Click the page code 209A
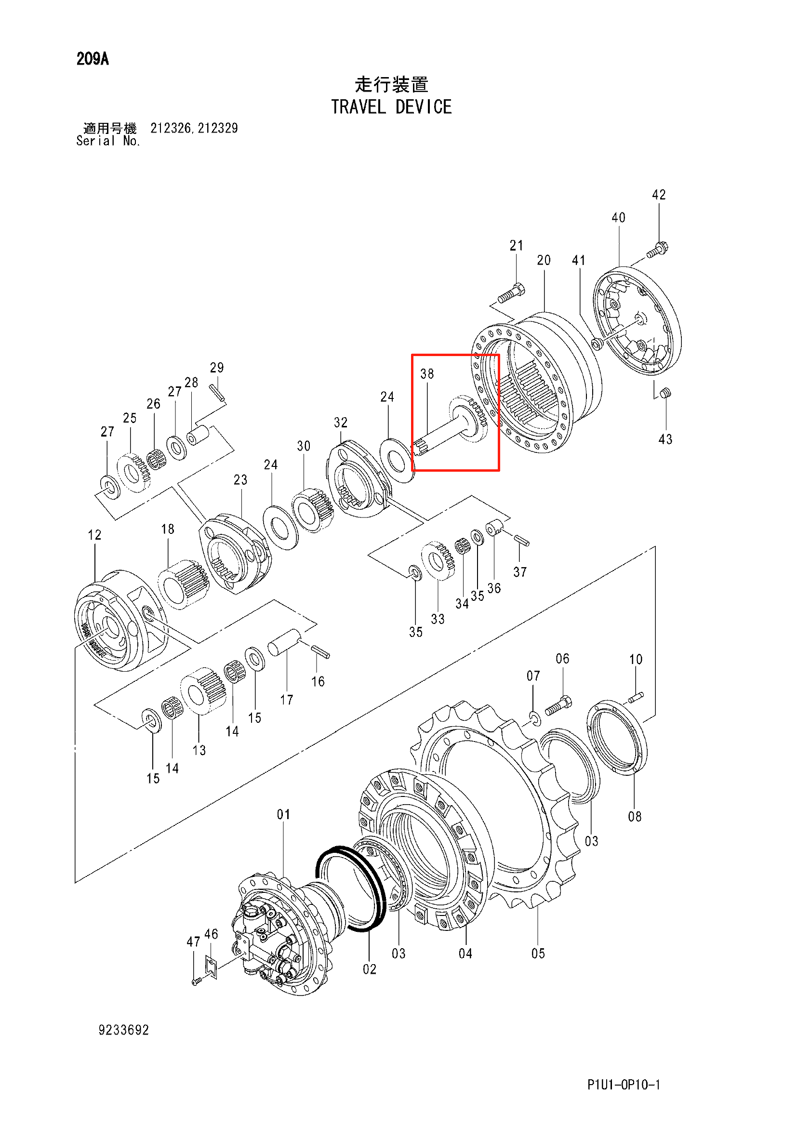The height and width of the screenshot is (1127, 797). coord(92,59)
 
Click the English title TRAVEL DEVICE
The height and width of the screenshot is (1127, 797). coord(391,107)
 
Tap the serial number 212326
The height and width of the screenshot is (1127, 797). coord(170,128)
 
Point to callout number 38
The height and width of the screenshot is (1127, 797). coord(427,374)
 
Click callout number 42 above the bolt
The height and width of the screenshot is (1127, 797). coord(659,195)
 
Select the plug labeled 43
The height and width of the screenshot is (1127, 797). coord(665,393)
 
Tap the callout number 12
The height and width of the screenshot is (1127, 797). coord(95,535)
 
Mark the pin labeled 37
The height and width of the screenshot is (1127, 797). coord(522,540)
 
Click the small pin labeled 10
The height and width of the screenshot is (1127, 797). coord(636,696)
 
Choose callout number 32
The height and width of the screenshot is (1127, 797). coord(341,423)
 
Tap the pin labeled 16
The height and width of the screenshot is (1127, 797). coord(320,651)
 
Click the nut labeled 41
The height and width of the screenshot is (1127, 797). coord(597,343)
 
